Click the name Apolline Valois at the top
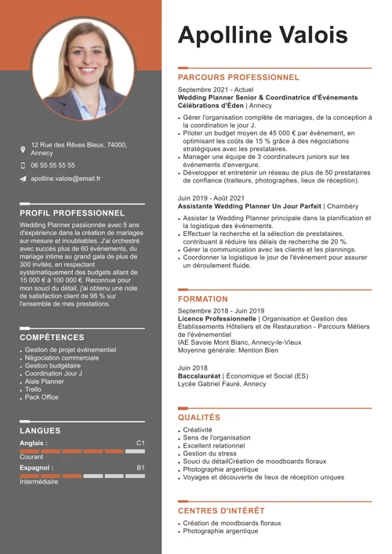263,35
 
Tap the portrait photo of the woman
82,69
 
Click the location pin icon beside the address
23,149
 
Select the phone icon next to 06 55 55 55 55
23,166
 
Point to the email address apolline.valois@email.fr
66,179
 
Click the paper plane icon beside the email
23,179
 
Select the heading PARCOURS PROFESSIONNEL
238,78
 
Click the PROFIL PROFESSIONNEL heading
72,212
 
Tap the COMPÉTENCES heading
52,338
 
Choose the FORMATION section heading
203,299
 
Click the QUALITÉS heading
199,418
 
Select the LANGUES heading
40,431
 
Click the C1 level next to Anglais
140,444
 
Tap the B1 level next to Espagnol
140,468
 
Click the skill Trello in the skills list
33,389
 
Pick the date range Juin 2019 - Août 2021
212,197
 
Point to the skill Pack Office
42,397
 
